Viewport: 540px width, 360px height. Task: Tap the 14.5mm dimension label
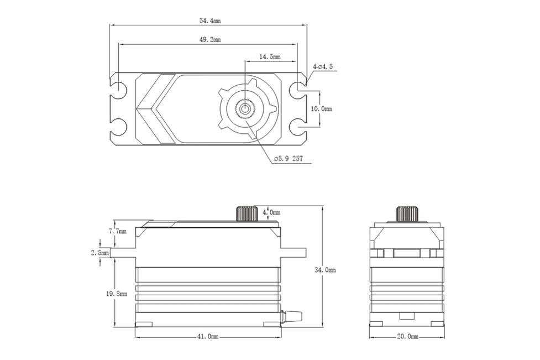point(270,57)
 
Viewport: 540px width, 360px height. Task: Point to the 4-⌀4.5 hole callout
point(323,67)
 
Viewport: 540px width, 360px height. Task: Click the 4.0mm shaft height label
point(271,212)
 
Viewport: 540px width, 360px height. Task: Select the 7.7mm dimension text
point(118,231)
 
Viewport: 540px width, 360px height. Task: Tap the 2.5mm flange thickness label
point(100,252)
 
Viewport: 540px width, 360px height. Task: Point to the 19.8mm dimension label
point(118,294)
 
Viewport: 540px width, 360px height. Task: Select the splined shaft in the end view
point(407,213)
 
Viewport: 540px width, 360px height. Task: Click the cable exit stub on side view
point(292,315)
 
